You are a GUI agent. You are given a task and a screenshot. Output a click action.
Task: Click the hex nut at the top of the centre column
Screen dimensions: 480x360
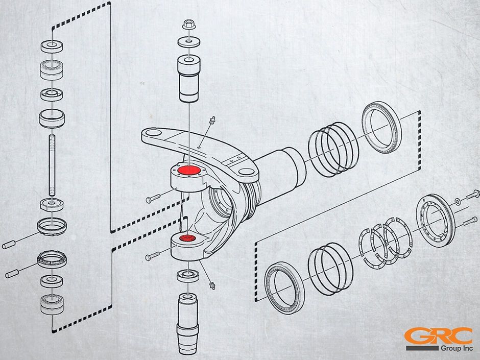pyautogui.click(x=189, y=24)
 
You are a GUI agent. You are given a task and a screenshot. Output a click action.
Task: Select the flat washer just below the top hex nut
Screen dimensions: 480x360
pyautogui.click(x=189, y=42)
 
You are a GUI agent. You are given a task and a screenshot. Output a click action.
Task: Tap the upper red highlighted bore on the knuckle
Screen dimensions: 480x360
pyautogui.click(x=189, y=170)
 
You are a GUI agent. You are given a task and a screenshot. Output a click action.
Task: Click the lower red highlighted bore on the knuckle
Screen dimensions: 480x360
pyautogui.click(x=187, y=238)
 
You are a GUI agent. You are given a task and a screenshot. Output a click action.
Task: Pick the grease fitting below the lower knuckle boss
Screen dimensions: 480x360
pyautogui.click(x=211, y=285)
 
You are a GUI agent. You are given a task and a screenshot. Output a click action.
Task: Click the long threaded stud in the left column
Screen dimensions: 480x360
pyautogui.click(x=52, y=165)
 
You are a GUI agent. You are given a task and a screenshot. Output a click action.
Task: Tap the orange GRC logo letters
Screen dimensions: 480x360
pyautogui.click(x=438, y=336)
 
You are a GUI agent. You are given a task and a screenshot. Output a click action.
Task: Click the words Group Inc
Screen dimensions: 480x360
pyautogui.click(x=457, y=348)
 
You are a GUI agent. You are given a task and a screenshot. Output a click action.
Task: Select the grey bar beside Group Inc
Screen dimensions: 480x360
pyautogui.click(x=422, y=348)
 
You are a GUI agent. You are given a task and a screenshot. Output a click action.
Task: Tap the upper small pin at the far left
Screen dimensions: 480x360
pyautogui.click(x=9, y=244)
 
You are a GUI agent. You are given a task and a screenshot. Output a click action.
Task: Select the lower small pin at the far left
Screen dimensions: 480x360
pyautogui.click(x=12, y=273)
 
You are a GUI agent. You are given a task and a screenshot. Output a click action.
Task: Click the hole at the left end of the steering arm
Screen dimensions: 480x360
pyautogui.click(x=154, y=133)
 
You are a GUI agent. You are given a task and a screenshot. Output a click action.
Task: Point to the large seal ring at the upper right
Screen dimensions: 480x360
pyautogui.click(x=382, y=127)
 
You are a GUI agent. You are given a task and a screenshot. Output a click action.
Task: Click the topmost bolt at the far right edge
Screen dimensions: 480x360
pyautogui.click(x=473, y=195)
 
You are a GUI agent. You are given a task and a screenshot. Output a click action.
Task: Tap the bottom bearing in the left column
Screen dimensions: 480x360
pyautogui.click(x=52, y=304)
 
